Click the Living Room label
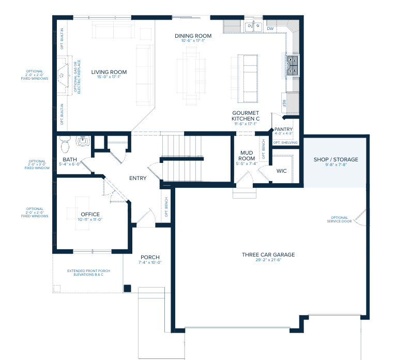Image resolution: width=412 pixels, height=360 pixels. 109,72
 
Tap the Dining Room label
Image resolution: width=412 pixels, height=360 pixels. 193,36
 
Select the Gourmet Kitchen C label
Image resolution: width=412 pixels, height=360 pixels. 245,115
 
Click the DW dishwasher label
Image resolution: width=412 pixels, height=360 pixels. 270,28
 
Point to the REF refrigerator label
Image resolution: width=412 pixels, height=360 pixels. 284,102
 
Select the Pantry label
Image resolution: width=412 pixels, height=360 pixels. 284,129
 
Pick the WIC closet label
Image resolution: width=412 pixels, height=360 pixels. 282,170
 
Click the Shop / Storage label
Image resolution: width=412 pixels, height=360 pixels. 335,159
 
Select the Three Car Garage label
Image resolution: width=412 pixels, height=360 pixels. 268,254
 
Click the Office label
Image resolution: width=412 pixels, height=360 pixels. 90,214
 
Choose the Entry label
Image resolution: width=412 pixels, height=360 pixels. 138,178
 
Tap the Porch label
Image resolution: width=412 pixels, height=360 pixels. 150,257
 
